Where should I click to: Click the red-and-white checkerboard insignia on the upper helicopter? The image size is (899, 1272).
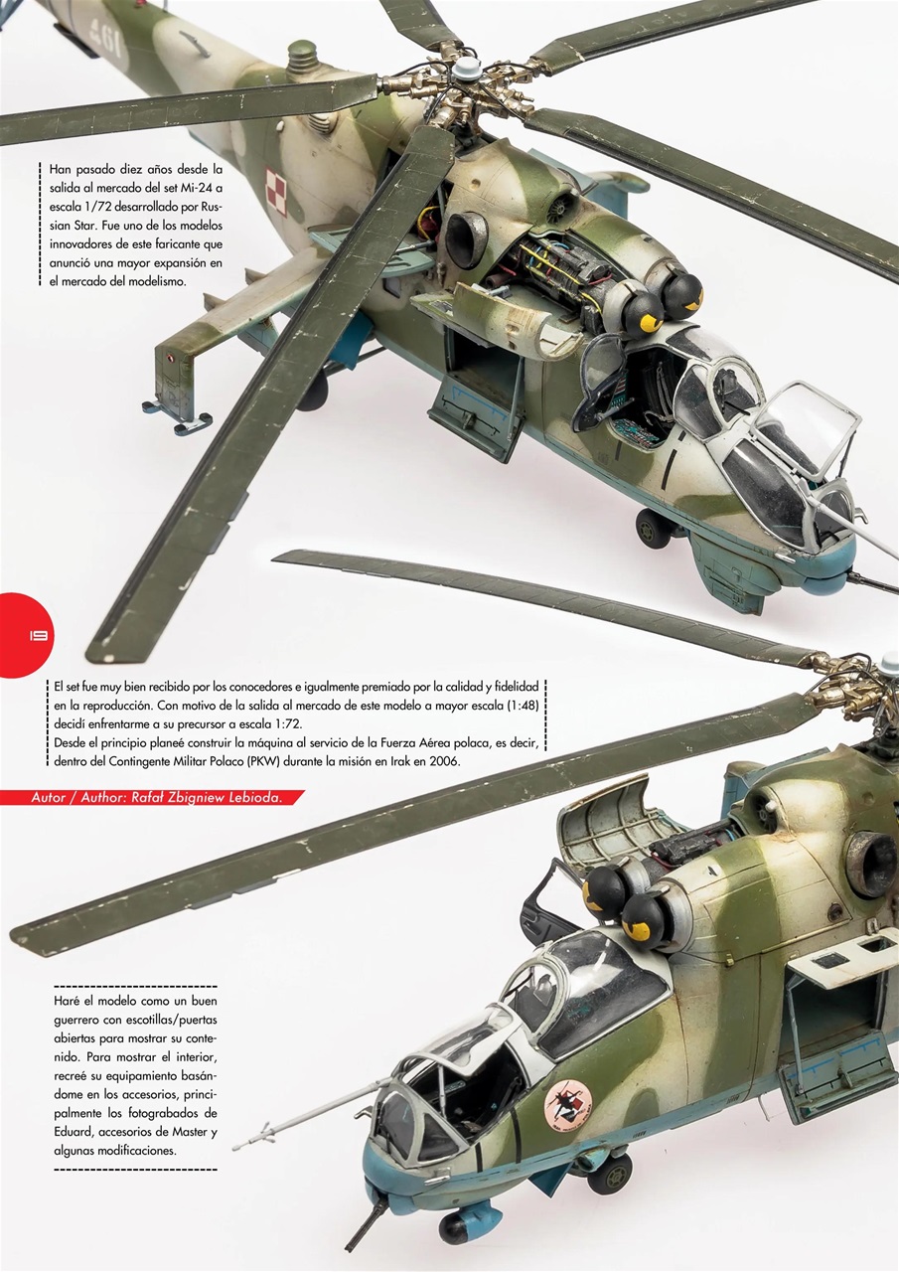click(x=275, y=191)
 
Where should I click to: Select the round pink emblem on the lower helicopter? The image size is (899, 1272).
click(x=568, y=1100)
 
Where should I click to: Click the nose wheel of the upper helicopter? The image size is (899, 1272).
click(x=653, y=528)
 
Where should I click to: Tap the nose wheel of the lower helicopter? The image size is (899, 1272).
click(x=610, y=1175)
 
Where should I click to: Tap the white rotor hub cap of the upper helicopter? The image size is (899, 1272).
click(x=466, y=69)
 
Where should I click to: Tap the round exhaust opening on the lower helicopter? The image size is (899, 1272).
click(x=872, y=862)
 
